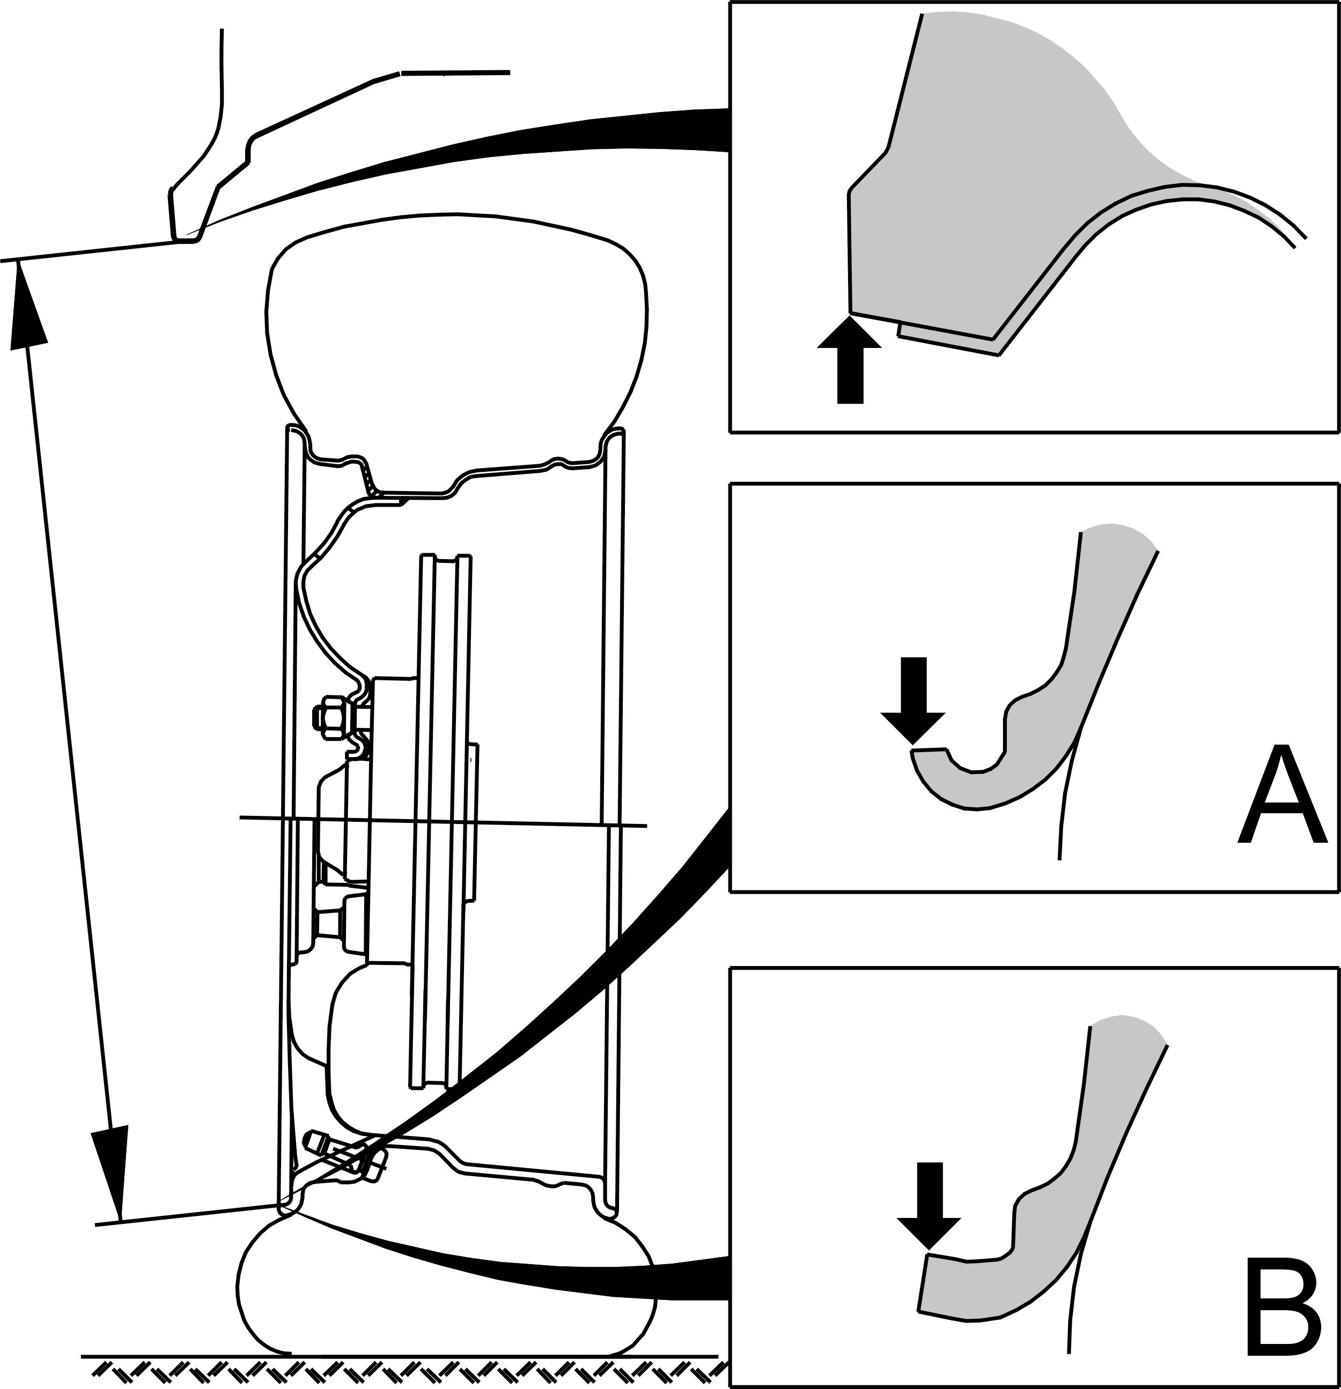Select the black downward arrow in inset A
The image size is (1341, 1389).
(913, 700)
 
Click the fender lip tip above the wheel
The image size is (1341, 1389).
(186, 238)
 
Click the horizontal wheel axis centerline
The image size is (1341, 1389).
(443, 821)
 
